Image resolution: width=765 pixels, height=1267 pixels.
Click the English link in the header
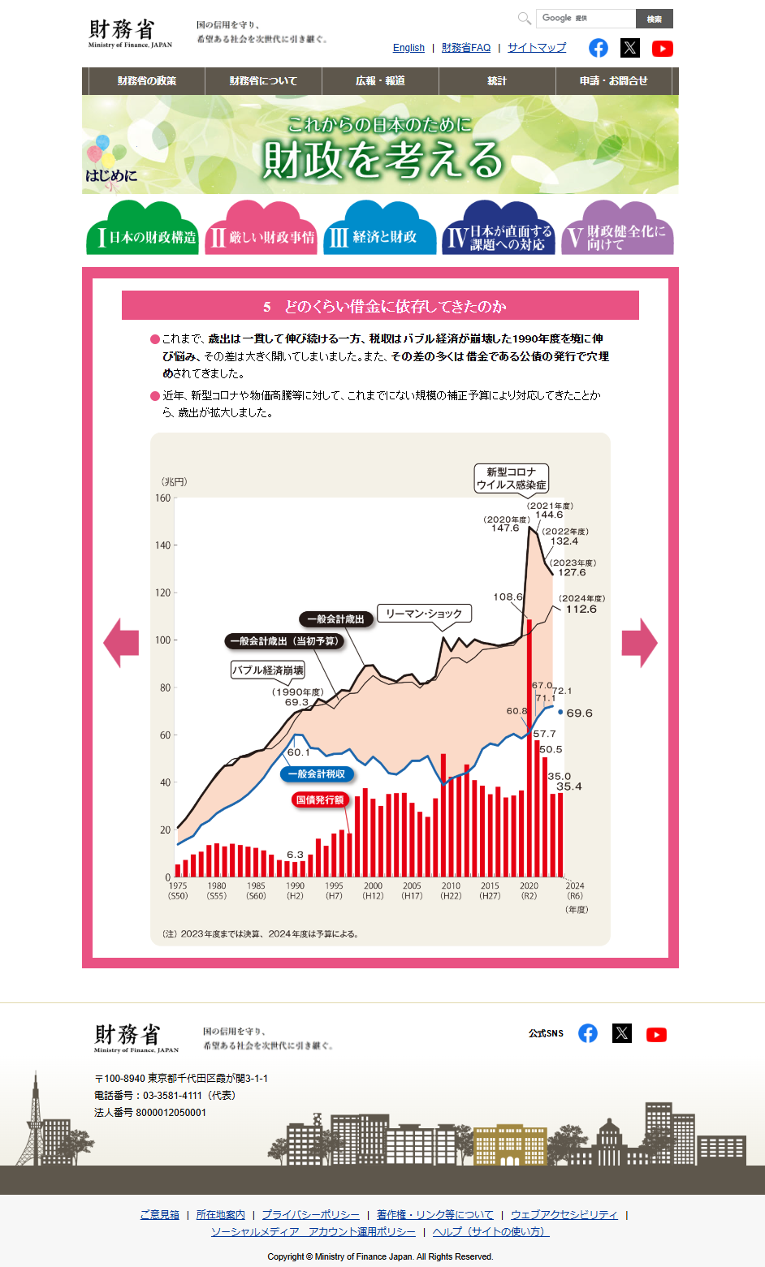(x=408, y=48)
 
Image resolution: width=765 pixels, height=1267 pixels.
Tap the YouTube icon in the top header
(x=662, y=48)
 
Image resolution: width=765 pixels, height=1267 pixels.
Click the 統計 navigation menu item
(x=497, y=81)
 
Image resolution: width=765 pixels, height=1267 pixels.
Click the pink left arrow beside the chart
(x=122, y=643)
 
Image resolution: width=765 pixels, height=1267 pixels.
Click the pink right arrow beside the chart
(x=639, y=643)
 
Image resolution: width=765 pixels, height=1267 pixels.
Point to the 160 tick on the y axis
(x=163, y=498)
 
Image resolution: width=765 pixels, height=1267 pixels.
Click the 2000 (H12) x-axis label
(x=373, y=890)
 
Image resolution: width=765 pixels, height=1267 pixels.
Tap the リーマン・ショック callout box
(x=424, y=614)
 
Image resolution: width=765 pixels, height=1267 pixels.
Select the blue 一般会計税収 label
(x=317, y=774)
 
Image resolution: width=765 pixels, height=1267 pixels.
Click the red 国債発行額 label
(x=320, y=800)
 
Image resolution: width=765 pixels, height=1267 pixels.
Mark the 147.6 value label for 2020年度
(x=505, y=528)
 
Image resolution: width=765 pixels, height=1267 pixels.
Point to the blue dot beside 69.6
(x=560, y=713)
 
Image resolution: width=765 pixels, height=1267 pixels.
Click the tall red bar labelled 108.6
(x=529, y=747)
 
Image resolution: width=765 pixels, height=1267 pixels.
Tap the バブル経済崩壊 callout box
(x=268, y=670)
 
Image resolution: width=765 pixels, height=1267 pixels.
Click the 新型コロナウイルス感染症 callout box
(x=512, y=478)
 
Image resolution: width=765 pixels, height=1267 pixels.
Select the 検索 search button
(x=654, y=19)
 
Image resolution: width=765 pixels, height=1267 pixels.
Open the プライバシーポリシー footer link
(x=310, y=1215)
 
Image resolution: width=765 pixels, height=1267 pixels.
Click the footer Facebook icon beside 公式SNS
(x=588, y=1033)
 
